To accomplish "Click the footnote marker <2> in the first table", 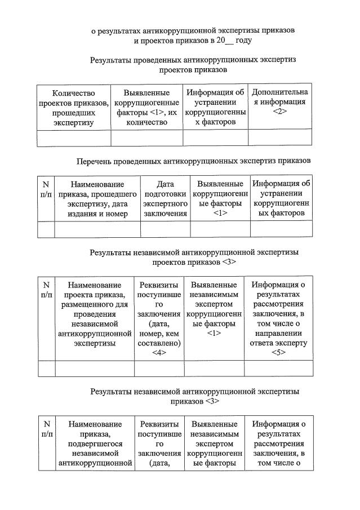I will coord(279,112).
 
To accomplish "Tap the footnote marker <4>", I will coord(159,353).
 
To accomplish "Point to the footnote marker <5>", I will coord(278,353).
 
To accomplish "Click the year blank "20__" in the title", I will coord(220,41).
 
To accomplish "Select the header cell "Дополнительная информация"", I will coord(279,97).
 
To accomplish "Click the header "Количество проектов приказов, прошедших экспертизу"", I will coord(74,107).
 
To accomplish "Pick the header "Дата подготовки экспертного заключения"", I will coord(165,198).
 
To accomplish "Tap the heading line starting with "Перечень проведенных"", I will coord(193,161).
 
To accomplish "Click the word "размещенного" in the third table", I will coord(94,305).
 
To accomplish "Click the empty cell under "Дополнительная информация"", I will coord(279,138).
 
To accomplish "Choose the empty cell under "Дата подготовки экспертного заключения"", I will coord(165,229).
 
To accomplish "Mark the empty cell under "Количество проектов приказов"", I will coord(74,138).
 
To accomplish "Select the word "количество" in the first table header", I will coord(147,122).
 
